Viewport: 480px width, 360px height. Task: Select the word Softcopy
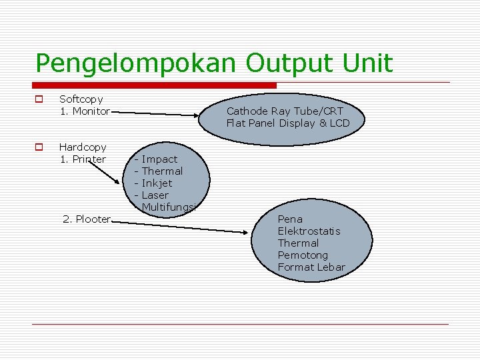(x=81, y=99)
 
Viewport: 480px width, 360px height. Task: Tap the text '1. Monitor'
(x=85, y=111)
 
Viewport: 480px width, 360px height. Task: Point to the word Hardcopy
(x=83, y=147)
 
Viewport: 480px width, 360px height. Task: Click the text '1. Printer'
(x=83, y=159)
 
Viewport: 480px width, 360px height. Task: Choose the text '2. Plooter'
(x=86, y=219)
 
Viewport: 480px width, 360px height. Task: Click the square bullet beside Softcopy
(x=39, y=99)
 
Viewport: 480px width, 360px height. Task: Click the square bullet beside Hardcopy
(x=39, y=147)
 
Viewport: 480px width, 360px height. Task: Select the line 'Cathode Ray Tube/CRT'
(x=285, y=111)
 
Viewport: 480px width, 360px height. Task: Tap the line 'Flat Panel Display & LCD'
(x=287, y=123)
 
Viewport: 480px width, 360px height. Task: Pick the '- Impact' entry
(x=156, y=159)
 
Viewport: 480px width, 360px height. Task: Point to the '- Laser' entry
(x=152, y=195)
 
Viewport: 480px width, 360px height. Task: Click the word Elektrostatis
(x=309, y=231)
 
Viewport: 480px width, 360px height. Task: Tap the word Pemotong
(x=303, y=255)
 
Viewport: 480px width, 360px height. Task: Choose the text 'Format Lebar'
(x=311, y=267)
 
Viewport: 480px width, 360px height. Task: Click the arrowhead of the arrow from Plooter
(x=247, y=232)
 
